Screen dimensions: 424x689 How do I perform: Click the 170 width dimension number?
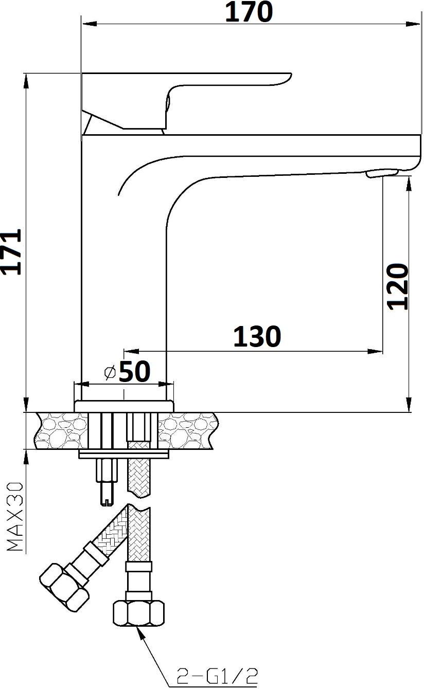coord(249,12)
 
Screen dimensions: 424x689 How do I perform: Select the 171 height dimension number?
coord(11,251)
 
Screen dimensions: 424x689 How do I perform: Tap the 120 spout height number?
coord(398,287)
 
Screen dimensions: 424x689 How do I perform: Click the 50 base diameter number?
coord(135,371)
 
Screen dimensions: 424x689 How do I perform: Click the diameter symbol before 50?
coord(110,373)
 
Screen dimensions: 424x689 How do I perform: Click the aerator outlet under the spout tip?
coord(382,173)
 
